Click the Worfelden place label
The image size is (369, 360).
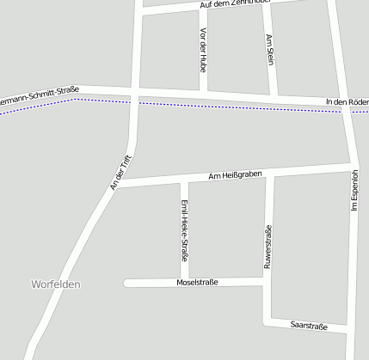click(x=55, y=284)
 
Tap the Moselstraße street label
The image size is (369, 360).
click(x=197, y=282)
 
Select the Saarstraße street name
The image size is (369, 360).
click(x=309, y=326)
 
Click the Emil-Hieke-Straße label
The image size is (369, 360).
click(x=184, y=229)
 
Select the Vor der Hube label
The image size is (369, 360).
click(x=203, y=49)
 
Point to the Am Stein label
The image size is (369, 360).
click(x=270, y=51)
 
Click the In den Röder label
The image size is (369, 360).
click(x=347, y=102)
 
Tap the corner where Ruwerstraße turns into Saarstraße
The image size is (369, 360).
click(x=268, y=320)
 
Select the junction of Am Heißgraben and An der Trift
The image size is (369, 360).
click(x=118, y=183)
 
